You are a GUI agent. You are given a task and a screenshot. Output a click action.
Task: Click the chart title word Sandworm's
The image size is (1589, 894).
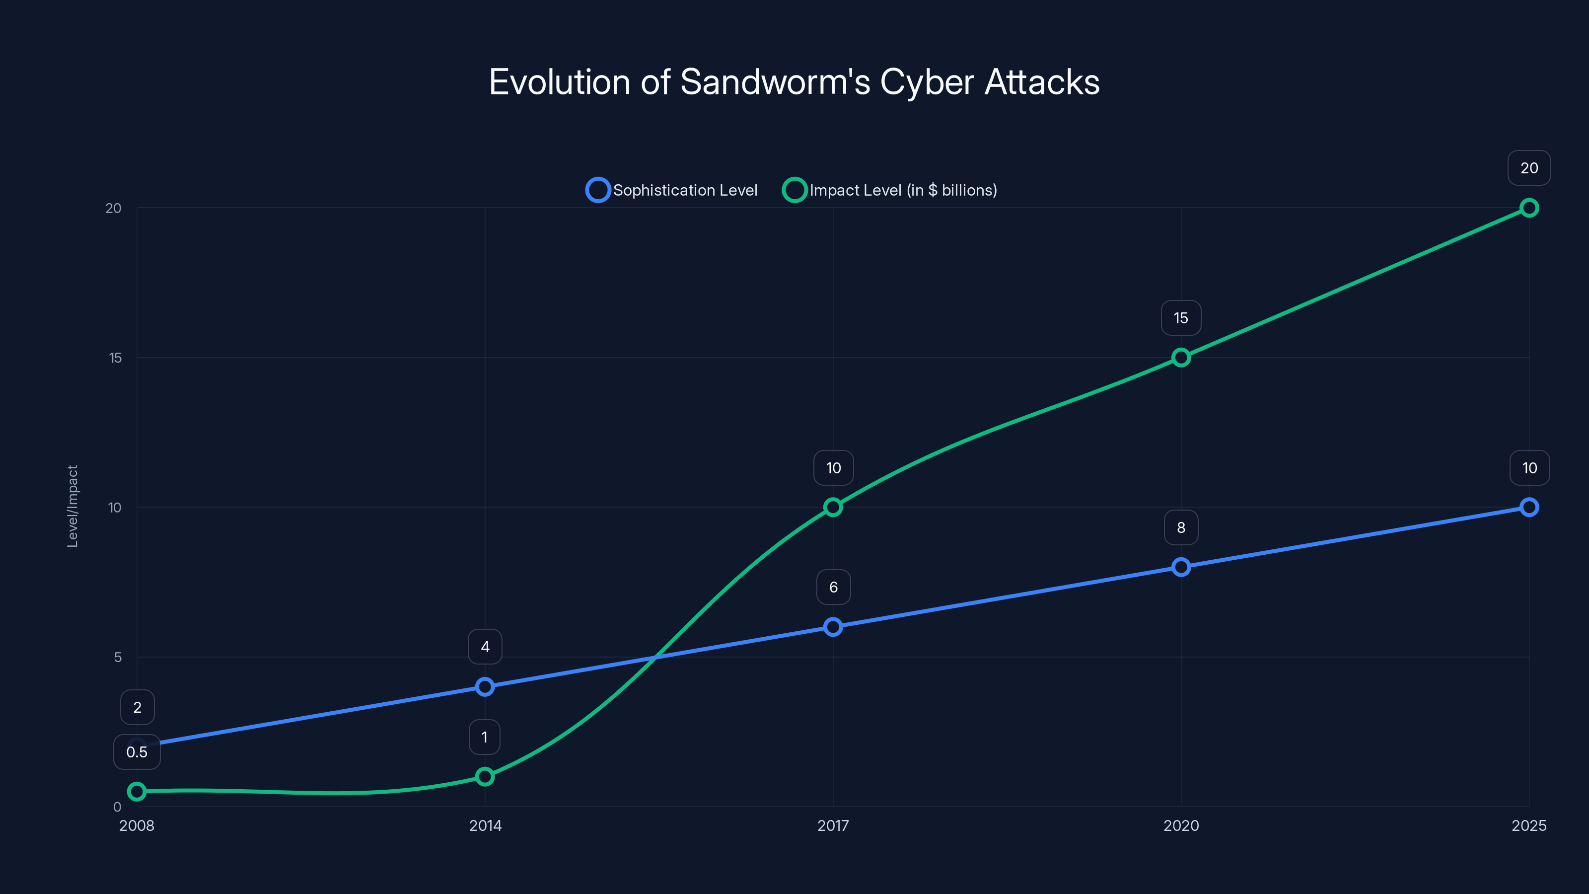pos(775,82)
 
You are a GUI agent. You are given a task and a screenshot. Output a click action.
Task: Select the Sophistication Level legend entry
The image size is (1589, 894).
pos(672,190)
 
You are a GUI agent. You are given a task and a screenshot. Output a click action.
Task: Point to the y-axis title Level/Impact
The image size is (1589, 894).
pos(73,507)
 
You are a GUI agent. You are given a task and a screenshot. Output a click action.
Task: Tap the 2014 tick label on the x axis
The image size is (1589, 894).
pos(485,825)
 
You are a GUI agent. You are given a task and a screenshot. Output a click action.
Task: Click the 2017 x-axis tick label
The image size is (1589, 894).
pos(833,825)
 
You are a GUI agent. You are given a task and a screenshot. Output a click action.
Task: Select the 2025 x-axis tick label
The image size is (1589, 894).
pos(1528,825)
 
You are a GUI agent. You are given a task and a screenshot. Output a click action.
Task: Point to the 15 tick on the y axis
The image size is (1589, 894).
pos(115,358)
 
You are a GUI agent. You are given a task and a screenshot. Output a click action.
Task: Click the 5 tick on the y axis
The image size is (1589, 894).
pos(118,657)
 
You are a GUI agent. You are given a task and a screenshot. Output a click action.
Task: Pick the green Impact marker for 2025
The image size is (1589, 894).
pos(1528,208)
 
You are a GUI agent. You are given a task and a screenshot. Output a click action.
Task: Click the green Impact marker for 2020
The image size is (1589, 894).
pos(1181,358)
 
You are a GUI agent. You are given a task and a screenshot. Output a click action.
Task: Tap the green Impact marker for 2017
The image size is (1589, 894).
pos(833,507)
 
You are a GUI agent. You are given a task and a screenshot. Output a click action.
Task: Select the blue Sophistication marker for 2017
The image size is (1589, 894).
pos(833,627)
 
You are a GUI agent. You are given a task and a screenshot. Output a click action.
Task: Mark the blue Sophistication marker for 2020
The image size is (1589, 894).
pos(1181,567)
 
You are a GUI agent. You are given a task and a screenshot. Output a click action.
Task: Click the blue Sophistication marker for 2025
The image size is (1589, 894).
pos(1528,507)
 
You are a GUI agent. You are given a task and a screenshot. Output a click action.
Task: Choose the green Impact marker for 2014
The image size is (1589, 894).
pos(485,776)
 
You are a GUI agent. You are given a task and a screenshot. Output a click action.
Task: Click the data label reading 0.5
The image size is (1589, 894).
pos(137,752)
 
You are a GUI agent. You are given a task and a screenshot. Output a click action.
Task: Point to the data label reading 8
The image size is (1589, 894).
pos(1181,527)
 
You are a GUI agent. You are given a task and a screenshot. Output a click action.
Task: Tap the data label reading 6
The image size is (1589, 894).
pos(833,588)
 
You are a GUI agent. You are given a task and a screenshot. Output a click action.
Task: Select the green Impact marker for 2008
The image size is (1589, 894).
pos(137,792)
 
